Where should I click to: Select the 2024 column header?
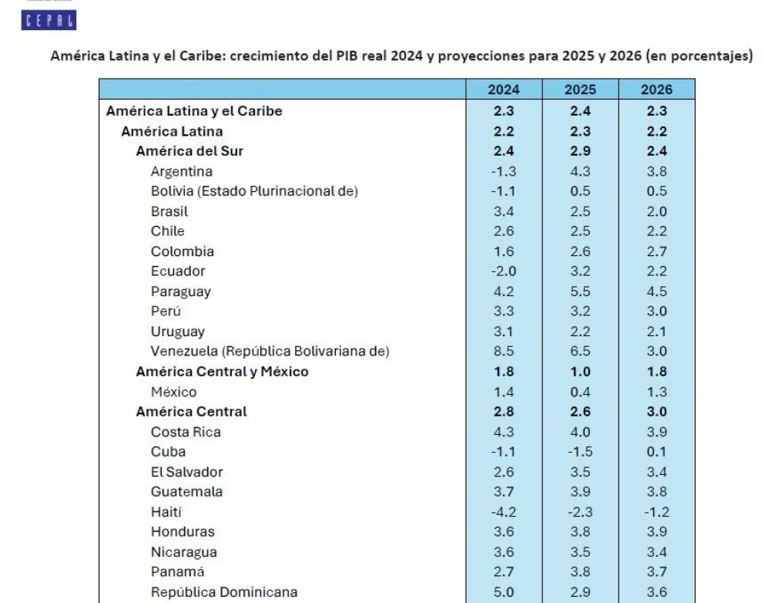(x=504, y=89)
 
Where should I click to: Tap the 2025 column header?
(x=580, y=89)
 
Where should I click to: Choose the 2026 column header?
(x=656, y=89)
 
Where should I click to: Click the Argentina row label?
(x=181, y=171)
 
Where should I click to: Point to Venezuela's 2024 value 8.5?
(x=504, y=352)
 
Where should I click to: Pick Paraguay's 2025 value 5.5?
(x=580, y=291)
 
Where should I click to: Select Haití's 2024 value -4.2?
(x=504, y=512)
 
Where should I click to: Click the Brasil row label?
(x=169, y=211)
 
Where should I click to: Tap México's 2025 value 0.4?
(x=580, y=392)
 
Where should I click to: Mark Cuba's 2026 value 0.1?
(x=656, y=452)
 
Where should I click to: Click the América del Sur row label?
(x=189, y=151)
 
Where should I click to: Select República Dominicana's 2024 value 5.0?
(x=504, y=592)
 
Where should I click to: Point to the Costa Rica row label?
(x=186, y=432)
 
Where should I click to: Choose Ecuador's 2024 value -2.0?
(x=504, y=271)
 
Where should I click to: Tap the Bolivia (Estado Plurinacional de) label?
(x=254, y=191)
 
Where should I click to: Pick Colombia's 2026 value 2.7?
(x=656, y=251)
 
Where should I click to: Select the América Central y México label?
(x=222, y=372)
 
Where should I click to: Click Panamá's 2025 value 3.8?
(x=580, y=572)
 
